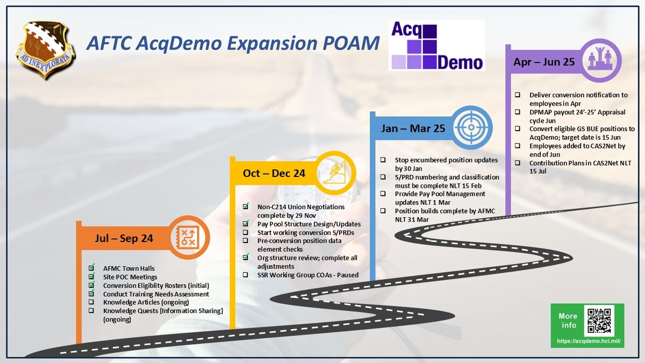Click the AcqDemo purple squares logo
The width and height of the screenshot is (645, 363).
[x=436, y=46]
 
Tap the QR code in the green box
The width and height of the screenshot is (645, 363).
[x=599, y=321]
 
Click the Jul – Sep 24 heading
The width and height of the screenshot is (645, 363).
[x=124, y=238]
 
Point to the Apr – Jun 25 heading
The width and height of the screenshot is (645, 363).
[x=544, y=62]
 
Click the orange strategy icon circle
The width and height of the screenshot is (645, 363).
[x=189, y=237]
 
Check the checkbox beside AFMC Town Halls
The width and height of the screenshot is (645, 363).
[x=91, y=268]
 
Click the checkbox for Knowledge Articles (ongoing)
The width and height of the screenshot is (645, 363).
[x=91, y=302]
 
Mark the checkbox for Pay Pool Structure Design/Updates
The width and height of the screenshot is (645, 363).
[x=245, y=224]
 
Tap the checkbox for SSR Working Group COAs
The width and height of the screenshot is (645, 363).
[x=245, y=274]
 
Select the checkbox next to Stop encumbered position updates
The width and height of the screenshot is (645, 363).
[x=383, y=160]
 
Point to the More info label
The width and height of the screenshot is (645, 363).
[x=568, y=321]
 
